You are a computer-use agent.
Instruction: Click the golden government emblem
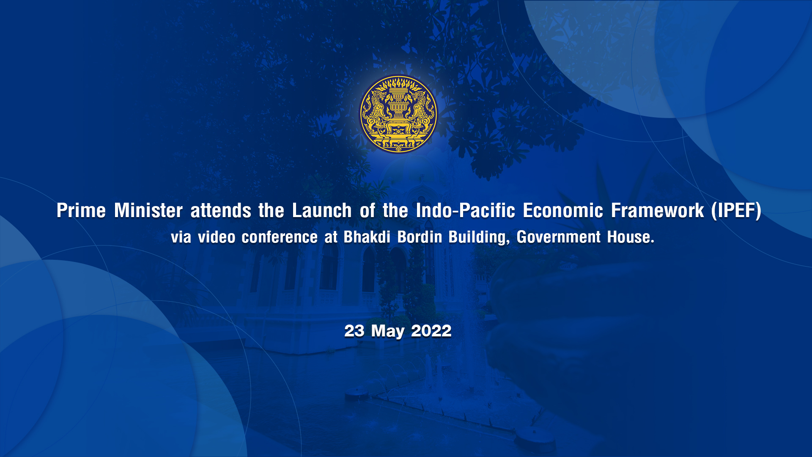[398, 114]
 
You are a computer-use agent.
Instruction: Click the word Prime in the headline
[81, 211]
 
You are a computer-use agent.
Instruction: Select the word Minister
[148, 211]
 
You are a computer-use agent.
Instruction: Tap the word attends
[221, 211]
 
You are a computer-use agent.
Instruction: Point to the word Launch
[322, 211]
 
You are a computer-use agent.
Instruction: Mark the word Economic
[563, 211]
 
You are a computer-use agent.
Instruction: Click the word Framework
[657, 211]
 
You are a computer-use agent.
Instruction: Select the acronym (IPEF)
[736, 211]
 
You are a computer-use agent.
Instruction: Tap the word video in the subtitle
[217, 237]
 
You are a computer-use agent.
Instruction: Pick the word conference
[280, 237]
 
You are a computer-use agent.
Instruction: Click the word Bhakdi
[367, 237]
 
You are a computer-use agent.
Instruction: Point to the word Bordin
[420, 237]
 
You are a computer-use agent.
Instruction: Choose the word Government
[559, 237]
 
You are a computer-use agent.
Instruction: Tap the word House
[631, 237]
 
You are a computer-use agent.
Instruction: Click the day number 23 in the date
[354, 331]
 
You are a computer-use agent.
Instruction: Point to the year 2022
[431, 331]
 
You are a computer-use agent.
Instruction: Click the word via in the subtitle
[181, 237]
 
